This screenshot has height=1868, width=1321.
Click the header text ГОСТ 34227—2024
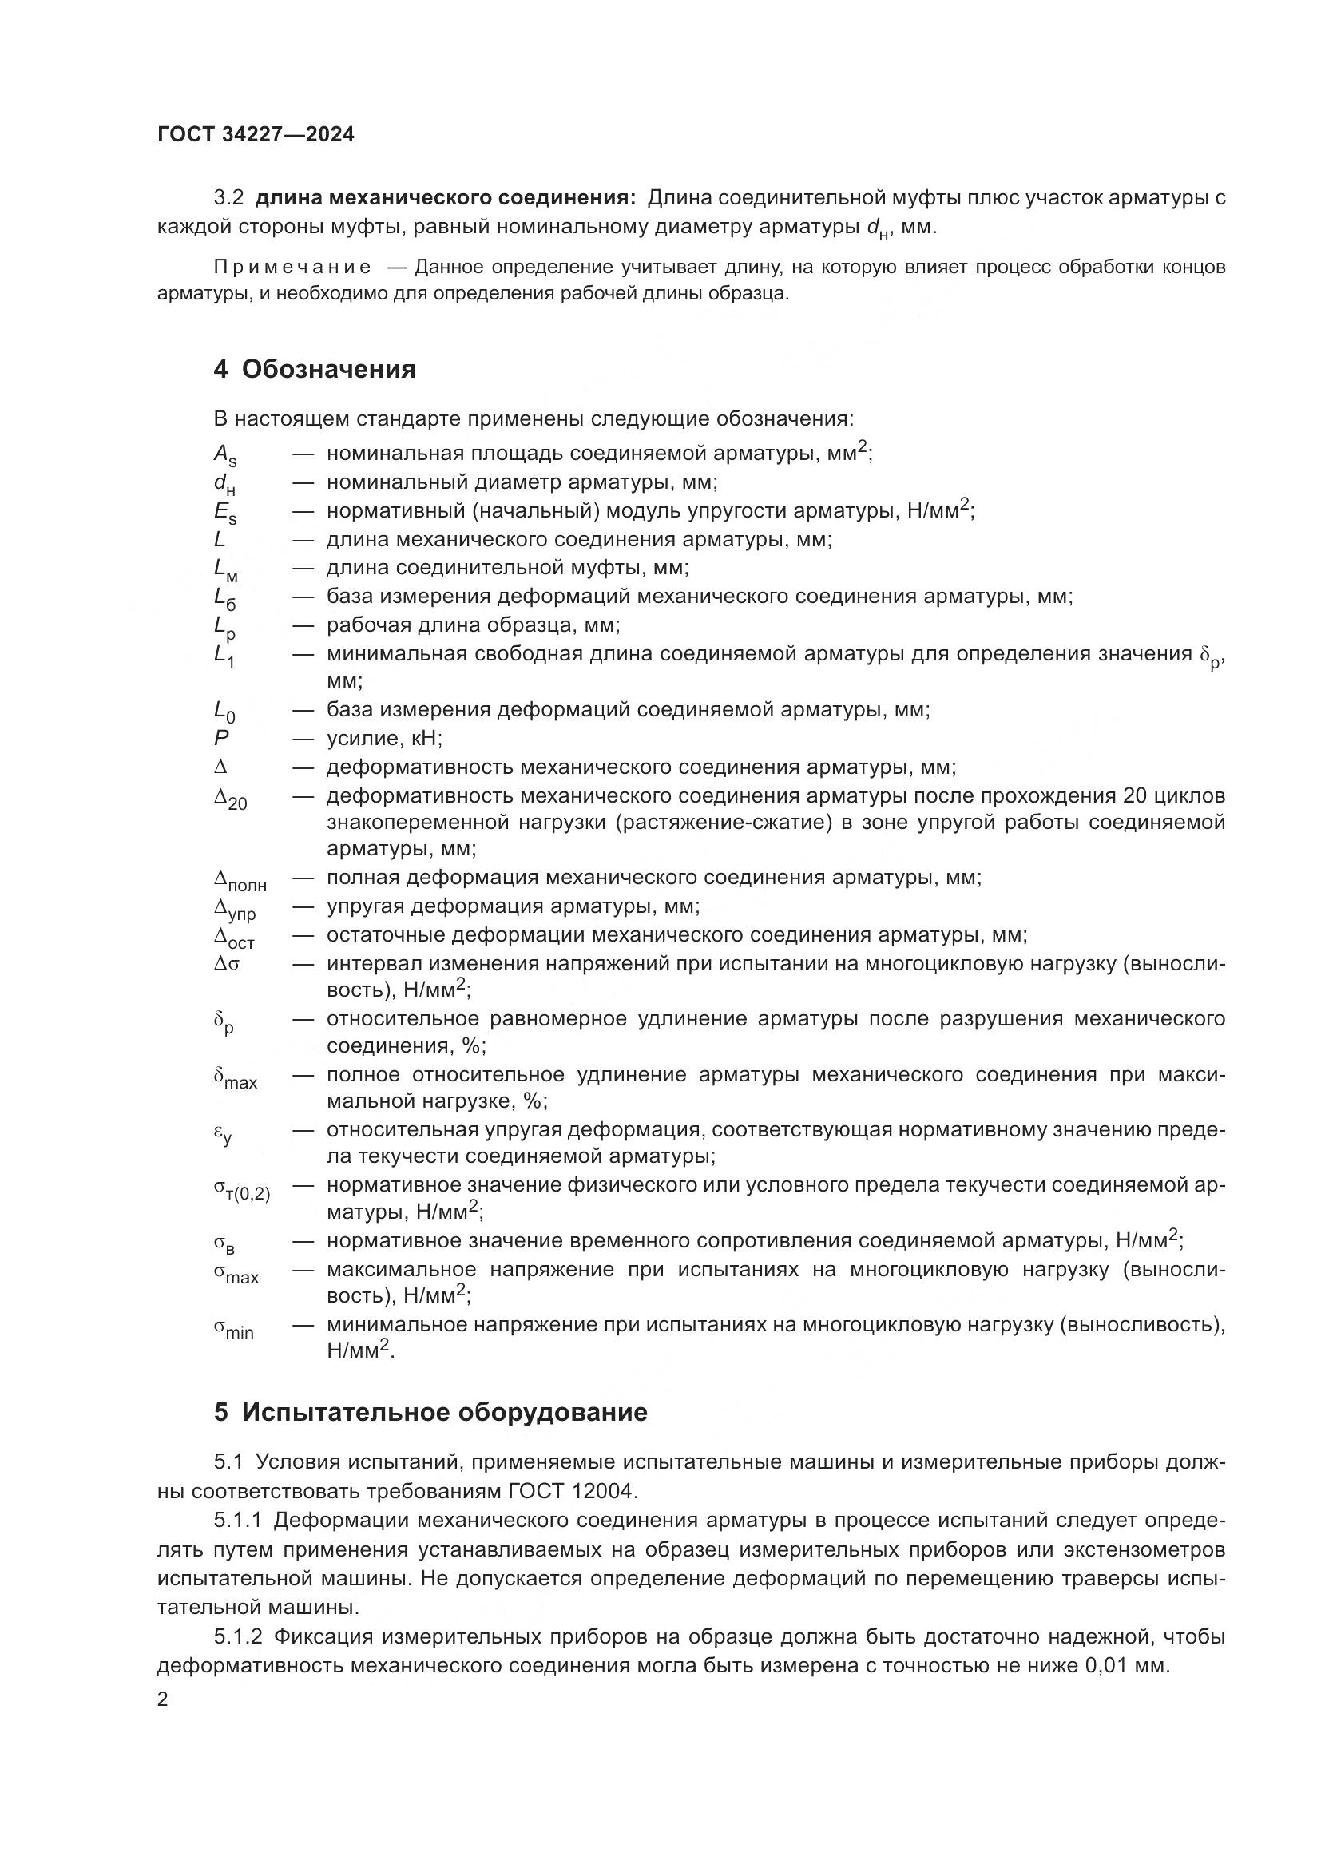pyautogui.click(x=256, y=135)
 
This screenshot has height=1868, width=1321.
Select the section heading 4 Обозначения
pyautogui.click(x=314, y=370)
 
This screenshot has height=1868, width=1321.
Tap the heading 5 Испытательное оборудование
pyautogui.click(x=430, y=1411)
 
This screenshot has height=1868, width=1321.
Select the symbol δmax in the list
pyautogui.click(x=235, y=1078)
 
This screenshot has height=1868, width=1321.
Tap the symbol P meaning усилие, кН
pyautogui.click(x=221, y=738)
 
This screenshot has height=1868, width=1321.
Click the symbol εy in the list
pyautogui.click(x=223, y=1133)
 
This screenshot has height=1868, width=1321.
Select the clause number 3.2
pyautogui.click(x=228, y=198)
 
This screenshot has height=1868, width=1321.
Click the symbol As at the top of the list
pyautogui.click(x=225, y=455)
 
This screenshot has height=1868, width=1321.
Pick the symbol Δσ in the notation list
pyautogui.click(x=227, y=964)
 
